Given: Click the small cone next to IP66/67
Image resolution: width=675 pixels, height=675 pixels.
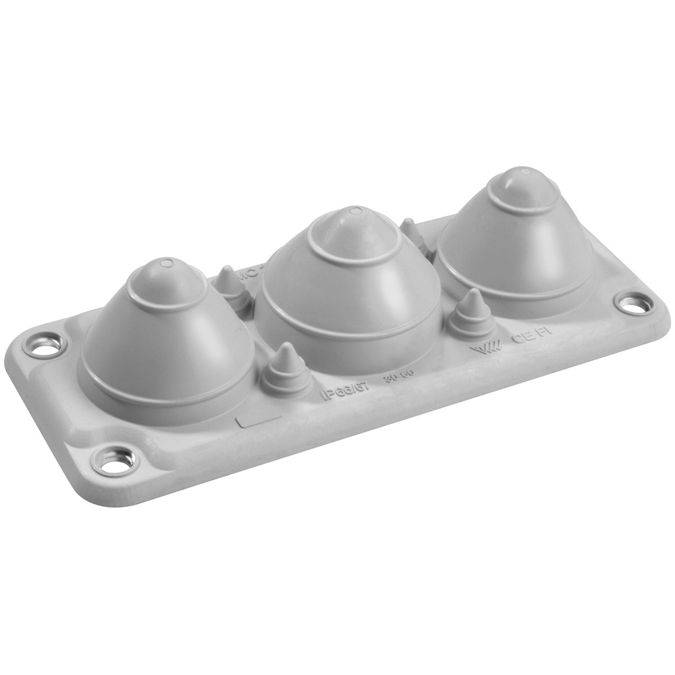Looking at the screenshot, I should (286, 369).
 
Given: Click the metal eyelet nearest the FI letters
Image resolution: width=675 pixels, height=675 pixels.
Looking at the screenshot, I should (632, 304).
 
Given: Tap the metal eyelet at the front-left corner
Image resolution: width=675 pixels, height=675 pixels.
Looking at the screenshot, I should (116, 461).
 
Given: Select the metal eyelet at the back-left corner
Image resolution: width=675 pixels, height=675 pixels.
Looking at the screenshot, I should (45, 346).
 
